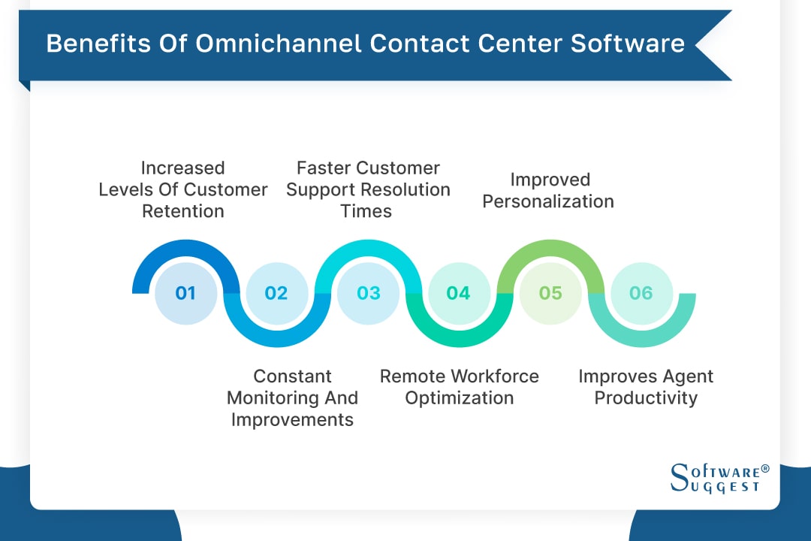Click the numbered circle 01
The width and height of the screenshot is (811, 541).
(185, 293)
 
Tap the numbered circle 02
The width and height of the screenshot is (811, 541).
(276, 293)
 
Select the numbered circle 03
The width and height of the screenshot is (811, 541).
(368, 293)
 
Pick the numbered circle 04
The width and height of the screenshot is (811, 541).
(459, 293)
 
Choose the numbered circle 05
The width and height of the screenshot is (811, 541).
(550, 293)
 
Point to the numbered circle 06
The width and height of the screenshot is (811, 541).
(641, 293)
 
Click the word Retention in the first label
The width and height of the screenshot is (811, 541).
(183, 211)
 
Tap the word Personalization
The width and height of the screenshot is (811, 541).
(548, 201)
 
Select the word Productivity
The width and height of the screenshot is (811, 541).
(646, 397)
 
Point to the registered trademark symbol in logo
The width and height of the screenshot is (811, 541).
(765, 469)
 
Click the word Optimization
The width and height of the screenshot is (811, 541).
(459, 397)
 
